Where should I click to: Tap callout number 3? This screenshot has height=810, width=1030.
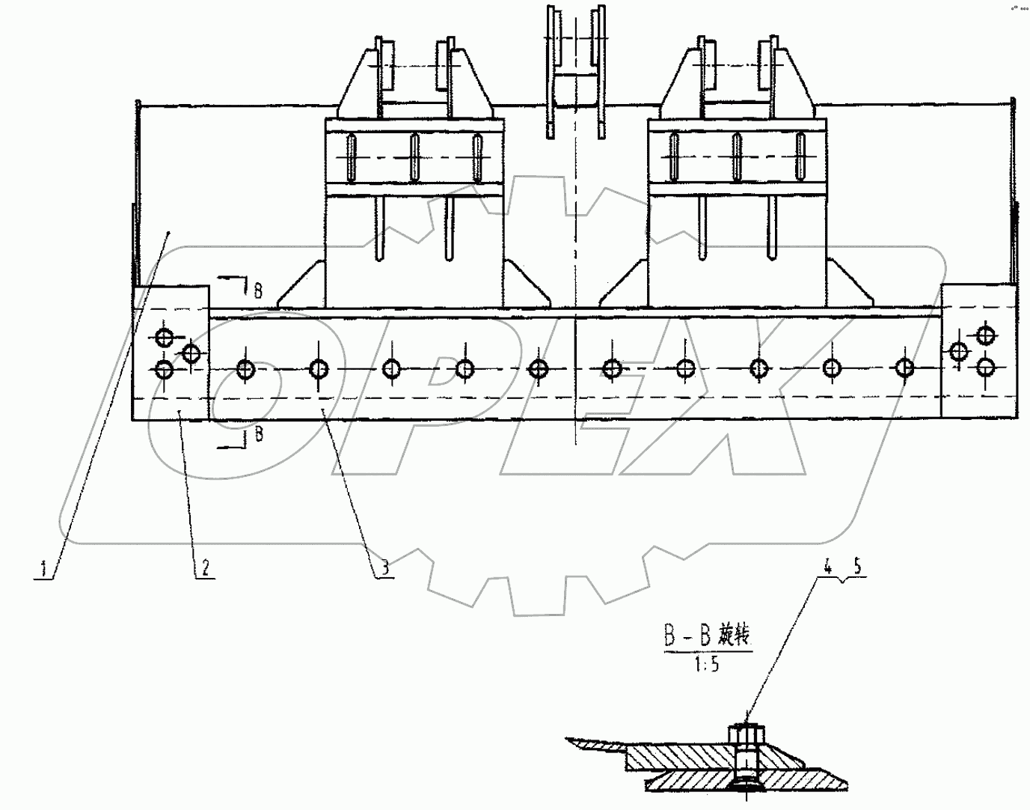pyautogui.click(x=384, y=569)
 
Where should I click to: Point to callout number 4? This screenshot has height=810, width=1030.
pyautogui.click(x=828, y=567)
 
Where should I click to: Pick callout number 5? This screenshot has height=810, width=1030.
pyautogui.click(x=857, y=567)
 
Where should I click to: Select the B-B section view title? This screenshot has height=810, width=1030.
pyautogui.click(x=706, y=637)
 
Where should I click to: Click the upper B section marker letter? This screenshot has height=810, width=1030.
pyautogui.click(x=257, y=290)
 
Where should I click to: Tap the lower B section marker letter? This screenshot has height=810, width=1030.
pyautogui.click(x=257, y=434)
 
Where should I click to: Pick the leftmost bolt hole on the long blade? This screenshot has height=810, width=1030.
pyautogui.click(x=246, y=369)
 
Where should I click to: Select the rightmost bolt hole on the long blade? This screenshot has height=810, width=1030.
pyautogui.click(x=905, y=368)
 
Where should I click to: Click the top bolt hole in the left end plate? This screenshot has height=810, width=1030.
pyautogui.click(x=164, y=336)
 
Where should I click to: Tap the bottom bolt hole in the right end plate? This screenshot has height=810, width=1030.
pyautogui.click(x=987, y=366)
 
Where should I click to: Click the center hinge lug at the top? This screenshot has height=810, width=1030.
pyautogui.click(x=574, y=67)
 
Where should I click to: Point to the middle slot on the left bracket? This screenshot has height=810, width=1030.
pyautogui.click(x=414, y=156)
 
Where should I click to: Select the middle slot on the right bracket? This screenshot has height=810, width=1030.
pyautogui.click(x=737, y=155)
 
